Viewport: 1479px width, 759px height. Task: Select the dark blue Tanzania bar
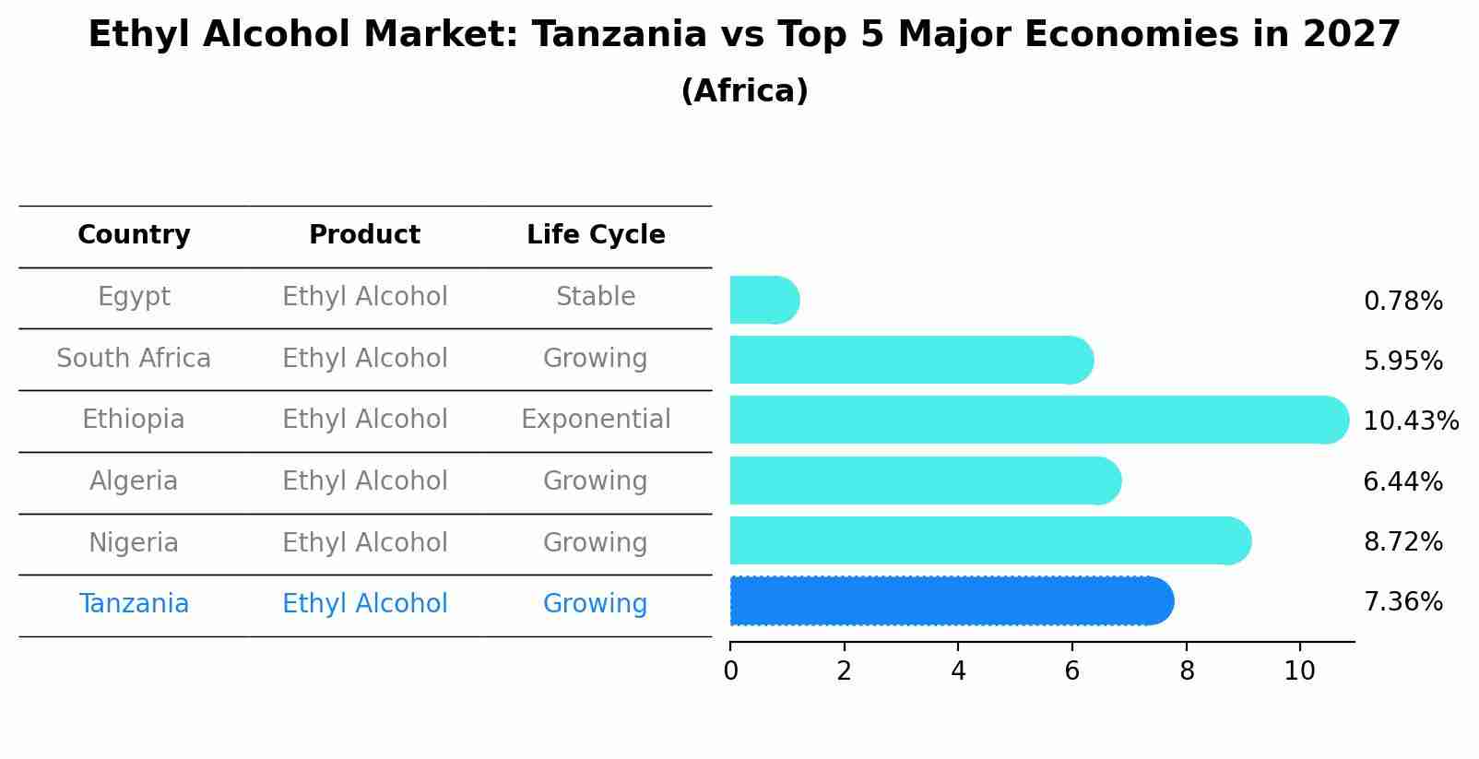(x=950, y=601)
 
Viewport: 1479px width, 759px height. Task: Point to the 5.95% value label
(x=1402, y=362)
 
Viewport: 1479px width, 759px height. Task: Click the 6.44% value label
(x=1402, y=481)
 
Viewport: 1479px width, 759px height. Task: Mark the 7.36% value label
(x=1402, y=602)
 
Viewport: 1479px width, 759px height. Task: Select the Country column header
(x=134, y=235)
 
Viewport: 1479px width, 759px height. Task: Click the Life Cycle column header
(x=596, y=235)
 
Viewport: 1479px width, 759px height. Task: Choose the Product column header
(x=364, y=235)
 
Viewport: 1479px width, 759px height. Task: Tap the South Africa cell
(x=134, y=359)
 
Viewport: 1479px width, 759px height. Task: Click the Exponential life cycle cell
(x=596, y=420)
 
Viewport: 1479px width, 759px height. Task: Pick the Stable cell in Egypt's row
(x=596, y=297)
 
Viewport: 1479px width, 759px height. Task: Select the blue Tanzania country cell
(x=134, y=604)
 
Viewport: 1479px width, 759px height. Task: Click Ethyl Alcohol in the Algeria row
(x=364, y=481)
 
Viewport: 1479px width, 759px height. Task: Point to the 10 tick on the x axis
(x=1300, y=671)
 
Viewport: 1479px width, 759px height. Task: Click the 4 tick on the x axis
(x=958, y=671)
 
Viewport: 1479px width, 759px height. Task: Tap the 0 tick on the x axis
(x=730, y=671)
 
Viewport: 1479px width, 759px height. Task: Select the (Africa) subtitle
(x=744, y=91)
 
